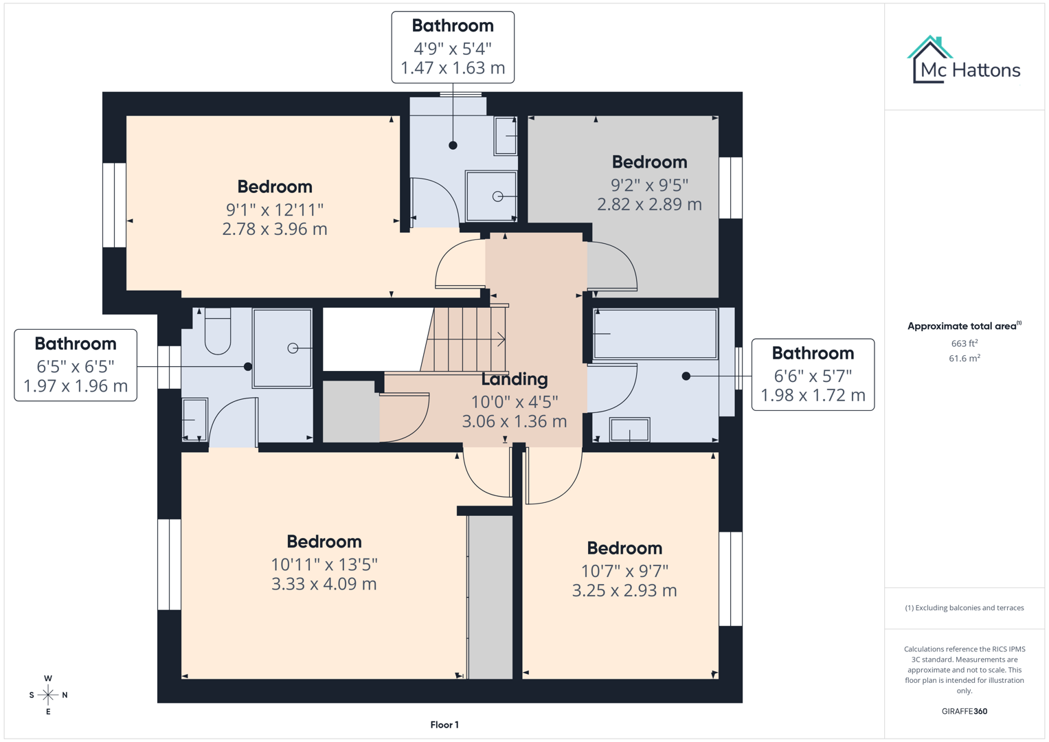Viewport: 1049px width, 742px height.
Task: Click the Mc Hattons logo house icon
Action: coord(929,59)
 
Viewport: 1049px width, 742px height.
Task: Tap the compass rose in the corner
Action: coord(48,695)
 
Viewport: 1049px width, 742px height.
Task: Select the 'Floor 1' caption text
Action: coord(444,725)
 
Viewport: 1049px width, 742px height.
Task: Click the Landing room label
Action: coord(514,379)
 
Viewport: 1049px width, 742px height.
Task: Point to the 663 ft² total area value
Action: coord(964,343)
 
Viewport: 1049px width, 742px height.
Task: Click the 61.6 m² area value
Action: coord(964,358)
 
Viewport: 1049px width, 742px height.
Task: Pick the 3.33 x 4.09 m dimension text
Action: coord(324,584)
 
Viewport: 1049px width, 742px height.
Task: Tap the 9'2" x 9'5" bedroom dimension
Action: coord(649,185)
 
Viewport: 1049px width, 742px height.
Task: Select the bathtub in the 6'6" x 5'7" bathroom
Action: coord(655,334)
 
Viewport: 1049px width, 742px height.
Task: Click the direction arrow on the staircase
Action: coord(500,339)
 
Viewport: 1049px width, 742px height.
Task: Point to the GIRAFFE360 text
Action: coord(964,711)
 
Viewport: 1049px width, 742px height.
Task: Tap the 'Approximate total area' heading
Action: coord(964,326)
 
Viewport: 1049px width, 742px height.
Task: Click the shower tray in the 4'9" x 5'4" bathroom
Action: coord(491,196)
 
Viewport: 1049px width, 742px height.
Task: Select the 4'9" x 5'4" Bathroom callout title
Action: coord(453,26)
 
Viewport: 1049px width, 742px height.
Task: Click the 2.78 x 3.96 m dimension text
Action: coord(274,229)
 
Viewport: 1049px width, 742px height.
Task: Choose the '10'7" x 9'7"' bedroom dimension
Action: coord(624,571)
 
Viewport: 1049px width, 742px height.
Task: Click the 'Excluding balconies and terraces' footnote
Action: coord(964,607)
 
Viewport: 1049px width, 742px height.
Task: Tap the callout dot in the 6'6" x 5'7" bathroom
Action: coord(686,376)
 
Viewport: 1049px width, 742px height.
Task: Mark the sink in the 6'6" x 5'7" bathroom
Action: coord(629,430)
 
